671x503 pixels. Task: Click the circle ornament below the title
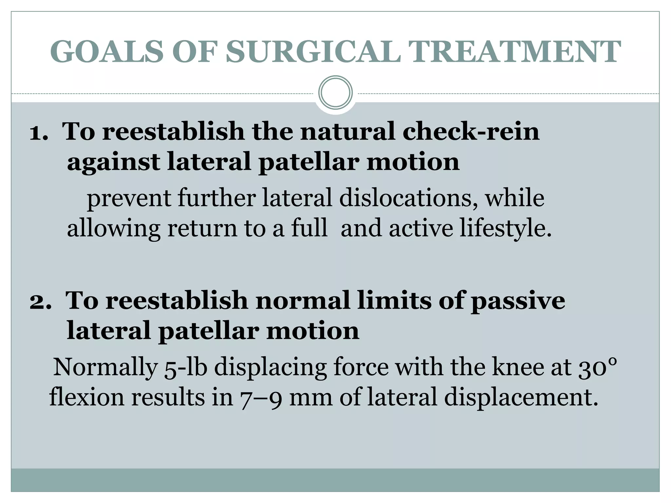[x=335, y=92]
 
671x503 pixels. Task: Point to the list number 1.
[x=38, y=132]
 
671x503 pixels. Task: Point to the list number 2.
[x=40, y=301]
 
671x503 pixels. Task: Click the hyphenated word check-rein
[x=471, y=131]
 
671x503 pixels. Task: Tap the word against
[x=113, y=162]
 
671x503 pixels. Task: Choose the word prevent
[x=129, y=198]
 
